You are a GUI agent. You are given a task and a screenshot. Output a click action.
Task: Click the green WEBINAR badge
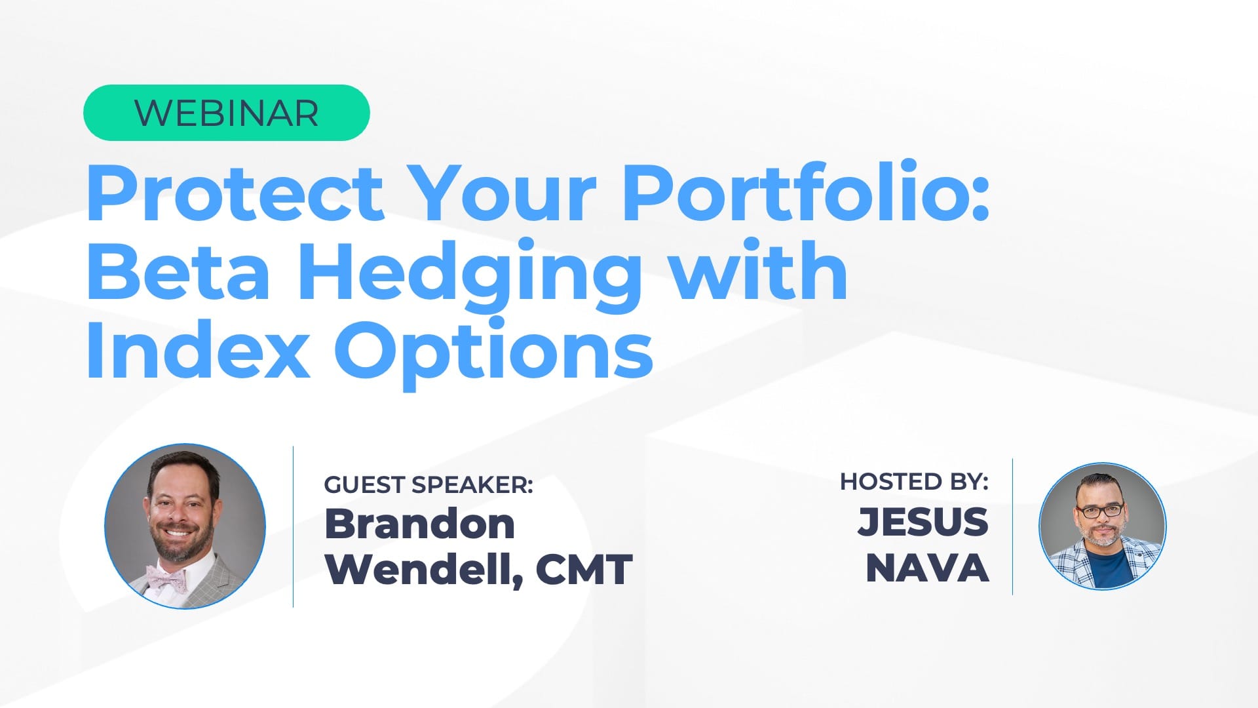[x=227, y=113]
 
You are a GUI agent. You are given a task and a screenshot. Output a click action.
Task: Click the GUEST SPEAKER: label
[x=429, y=484]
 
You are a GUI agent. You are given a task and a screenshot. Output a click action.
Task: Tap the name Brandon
[x=420, y=524]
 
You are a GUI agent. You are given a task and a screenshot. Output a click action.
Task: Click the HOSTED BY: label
[x=914, y=482]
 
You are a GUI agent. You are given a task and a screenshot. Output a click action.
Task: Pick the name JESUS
[x=923, y=522]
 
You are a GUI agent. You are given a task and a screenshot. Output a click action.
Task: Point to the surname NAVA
[x=927, y=568]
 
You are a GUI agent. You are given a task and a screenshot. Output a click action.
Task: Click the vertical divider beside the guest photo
[x=293, y=526]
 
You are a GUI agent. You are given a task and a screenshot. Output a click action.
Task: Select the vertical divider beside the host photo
[x=1012, y=526]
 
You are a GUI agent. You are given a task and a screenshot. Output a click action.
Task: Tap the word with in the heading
[x=760, y=269]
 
